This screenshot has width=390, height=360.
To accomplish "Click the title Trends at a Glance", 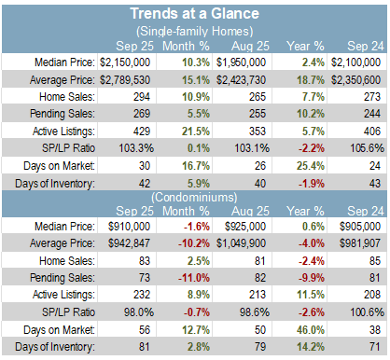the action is pyautogui.click(x=194, y=14).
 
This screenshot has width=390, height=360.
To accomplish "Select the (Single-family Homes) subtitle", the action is pyautogui.click(x=194, y=31).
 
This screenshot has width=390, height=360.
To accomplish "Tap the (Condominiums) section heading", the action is pyautogui.click(x=194, y=197).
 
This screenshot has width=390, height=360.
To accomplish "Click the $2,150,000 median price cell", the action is pyautogui.click(x=125, y=62).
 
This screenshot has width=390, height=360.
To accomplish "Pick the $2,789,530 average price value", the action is pyautogui.click(x=125, y=80).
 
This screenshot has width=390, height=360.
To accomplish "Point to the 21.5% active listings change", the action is pyautogui.click(x=196, y=132).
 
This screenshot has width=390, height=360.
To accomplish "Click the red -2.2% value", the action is pyautogui.click(x=312, y=148).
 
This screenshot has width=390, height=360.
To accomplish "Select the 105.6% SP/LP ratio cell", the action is pyautogui.click(x=368, y=148).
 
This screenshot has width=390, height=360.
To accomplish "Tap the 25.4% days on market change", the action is pyautogui.click(x=311, y=166).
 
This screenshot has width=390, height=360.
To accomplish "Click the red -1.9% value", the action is pyautogui.click(x=312, y=184).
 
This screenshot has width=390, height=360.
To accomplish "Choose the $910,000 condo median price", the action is pyautogui.click(x=130, y=227).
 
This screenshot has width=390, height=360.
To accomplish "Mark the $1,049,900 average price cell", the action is pyautogui.click(x=241, y=243).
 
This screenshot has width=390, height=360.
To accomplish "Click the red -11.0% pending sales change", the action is pyautogui.click(x=194, y=278).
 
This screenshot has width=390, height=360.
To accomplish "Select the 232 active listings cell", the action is pyautogui.click(x=142, y=295).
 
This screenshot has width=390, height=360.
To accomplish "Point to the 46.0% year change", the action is pyautogui.click(x=311, y=329).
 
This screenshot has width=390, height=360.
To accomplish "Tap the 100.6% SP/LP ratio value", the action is pyautogui.click(x=368, y=312).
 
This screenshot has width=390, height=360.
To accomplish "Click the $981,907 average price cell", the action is pyautogui.click(x=360, y=243).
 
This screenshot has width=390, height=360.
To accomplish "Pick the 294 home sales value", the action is pyautogui.click(x=142, y=97).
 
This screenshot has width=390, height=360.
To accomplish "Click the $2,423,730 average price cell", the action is pyautogui.click(x=241, y=80).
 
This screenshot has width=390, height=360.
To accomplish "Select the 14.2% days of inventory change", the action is pyautogui.click(x=311, y=347).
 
